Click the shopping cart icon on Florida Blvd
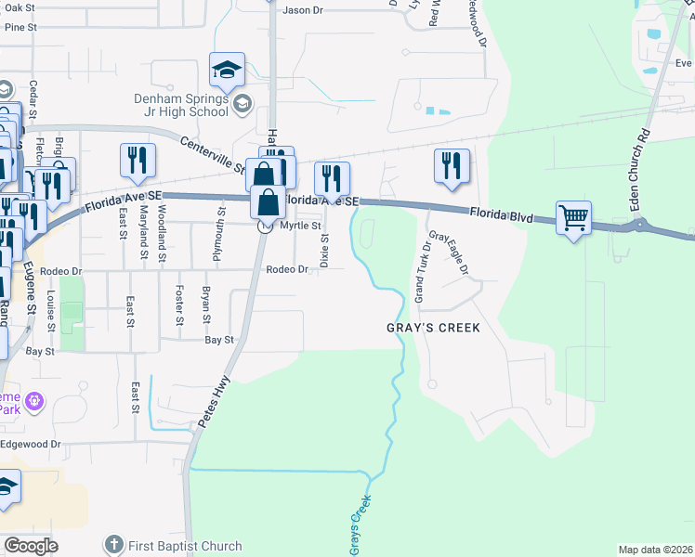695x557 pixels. (574, 219)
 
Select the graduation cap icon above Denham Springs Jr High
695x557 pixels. (227, 70)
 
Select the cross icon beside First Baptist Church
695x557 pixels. (113, 545)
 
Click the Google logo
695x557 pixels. (31, 546)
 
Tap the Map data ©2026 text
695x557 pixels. (654, 550)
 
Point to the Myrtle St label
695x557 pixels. (299, 226)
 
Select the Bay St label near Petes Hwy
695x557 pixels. (219, 341)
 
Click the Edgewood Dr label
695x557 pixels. (30, 444)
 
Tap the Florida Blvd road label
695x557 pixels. (501, 215)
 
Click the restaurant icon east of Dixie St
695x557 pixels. (331, 178)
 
